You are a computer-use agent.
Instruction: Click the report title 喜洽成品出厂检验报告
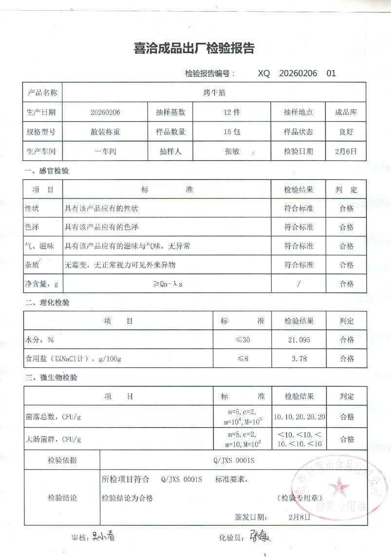click(x=194, y=48)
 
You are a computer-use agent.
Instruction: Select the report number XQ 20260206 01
click(x=297, y=73)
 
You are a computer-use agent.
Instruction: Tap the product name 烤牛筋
click(x=214, y=92)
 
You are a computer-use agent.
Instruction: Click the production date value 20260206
click(x=105, y=112)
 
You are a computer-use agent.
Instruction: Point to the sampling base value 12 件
click(x=232, y=112)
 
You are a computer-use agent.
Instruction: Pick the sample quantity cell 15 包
click(x=232, y=132)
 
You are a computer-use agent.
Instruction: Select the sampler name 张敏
click(x=232, y=151)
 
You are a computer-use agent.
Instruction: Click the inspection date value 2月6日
click(x=346, y=151)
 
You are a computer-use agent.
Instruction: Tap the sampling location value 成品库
click(x=346, y=112)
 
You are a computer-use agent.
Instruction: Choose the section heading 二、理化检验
click(x=47, y=303)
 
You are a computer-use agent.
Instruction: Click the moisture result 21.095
click(x=299, y=340)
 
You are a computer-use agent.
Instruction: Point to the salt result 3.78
click(x=298, y=359)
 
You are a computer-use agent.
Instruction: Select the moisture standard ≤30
click(x=242, y=340)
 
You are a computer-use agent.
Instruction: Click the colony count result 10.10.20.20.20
click(x=299, y=417)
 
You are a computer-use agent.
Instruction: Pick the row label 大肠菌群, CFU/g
click(x=53, y=439)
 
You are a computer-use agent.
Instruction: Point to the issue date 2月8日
click(x=299, y=517)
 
